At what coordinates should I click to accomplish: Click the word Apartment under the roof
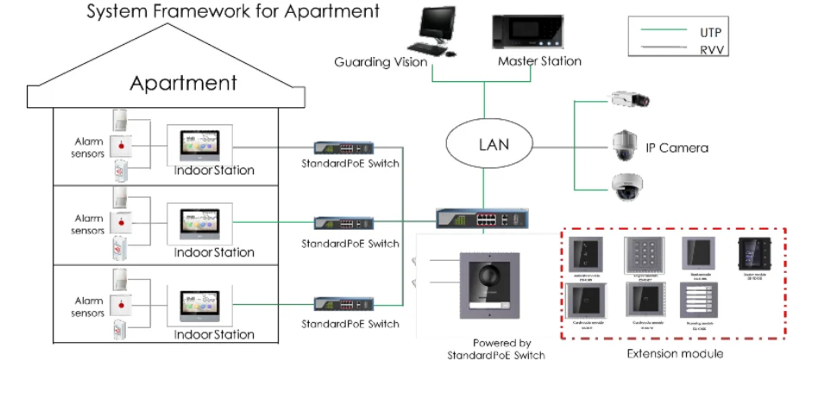[183, 84]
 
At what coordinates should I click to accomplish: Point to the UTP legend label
[710, 32]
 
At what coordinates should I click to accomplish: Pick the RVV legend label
[712, 50]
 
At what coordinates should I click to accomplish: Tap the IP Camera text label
[677, 148]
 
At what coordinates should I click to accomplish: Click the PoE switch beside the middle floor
[343, 223]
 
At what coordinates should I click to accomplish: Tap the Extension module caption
[675, 354]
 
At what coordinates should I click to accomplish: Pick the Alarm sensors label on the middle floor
[88, 225]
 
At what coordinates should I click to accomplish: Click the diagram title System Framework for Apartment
[233, 11]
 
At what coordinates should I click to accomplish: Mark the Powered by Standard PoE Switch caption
[496, 349]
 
